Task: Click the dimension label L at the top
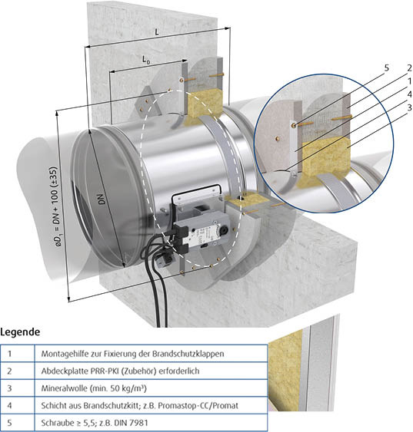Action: pyautogui.click(x=157, y=32)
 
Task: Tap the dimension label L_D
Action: pyautogui.click(x=146, y=59)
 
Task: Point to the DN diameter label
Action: pyautogui.click(x=102, y=200)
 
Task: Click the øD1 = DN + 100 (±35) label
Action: pyautogui.click(x=56, y=206)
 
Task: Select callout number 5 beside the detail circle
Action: pyautogui.click(x=387, y=68)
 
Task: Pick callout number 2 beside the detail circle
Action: pyautogui.click(x=409, y=68)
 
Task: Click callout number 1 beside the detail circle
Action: pyautogui.click(x=409, y=81)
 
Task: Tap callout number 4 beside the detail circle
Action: pyautogui.click(x=409, y=94)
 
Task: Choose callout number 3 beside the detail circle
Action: pyautogui.click(x=409, y=107)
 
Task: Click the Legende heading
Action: pyautogui.click(x=20, y=332)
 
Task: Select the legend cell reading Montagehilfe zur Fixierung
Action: pyautogui.click(x=132, y=354)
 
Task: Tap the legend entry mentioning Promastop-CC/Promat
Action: pyautogui.click(x=140, y=406)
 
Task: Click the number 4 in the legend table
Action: pyautogui.click(x=10, y=406)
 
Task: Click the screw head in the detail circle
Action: pyautogui.click(x=295, y=125)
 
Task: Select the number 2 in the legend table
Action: pyautogui.click(x=10, y=371)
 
